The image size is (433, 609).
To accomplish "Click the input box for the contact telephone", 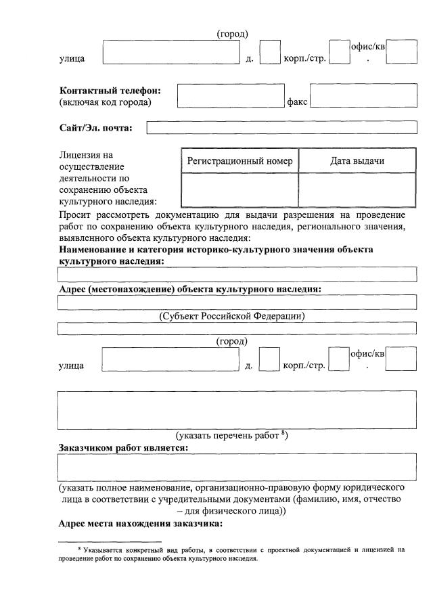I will [x=230, y=95].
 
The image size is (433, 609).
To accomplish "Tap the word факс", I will [x=298, y=102].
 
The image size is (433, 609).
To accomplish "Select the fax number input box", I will [x=363, y=95].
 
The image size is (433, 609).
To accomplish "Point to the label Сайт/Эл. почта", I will [x=95, y=127].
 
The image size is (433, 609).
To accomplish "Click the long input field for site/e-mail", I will [x=281, y=127].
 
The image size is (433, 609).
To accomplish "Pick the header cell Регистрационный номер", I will [x=240, y=161].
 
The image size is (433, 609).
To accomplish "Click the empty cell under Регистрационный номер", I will [x=240, y=190].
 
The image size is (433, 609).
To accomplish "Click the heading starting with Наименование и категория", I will [x=216, y=250].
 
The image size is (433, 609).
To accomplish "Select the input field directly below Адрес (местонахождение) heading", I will [x=237, y=302].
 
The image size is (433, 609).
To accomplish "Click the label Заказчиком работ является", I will [x=123, y=447].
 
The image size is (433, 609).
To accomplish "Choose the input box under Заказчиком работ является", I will [x=237, y=467].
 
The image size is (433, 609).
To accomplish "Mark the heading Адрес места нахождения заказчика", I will [x=140, y=524].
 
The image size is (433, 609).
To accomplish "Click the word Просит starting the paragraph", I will [x=75, y=215].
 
